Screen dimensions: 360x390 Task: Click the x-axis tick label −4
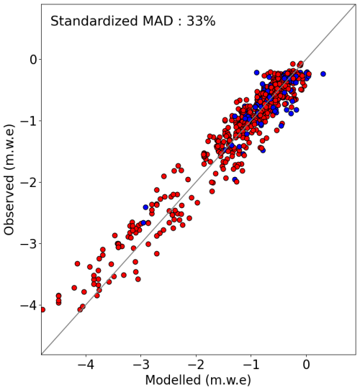pos(86,365)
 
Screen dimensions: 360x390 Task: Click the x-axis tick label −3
pos(141,365)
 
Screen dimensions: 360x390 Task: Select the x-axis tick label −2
pos(196,365)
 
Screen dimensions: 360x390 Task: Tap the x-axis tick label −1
pos(251,365)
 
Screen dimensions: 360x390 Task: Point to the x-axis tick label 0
pos(306,365)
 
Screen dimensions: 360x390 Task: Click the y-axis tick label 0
pos(33,60)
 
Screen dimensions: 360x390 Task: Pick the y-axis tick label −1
pos(28,121)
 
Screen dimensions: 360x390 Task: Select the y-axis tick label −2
pos(28,182)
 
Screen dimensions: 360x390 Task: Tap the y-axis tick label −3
pos(28,244)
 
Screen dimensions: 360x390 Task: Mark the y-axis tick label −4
pos(28,305)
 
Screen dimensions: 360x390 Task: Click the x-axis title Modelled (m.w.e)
pos(198,381)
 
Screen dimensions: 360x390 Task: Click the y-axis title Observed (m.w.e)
pos(9,180)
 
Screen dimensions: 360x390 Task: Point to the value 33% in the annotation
pos(201,21)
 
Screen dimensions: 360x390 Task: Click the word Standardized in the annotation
pos(94,21)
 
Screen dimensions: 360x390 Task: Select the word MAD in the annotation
pos(158,21)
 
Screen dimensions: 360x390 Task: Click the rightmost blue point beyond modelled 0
pos(323,74)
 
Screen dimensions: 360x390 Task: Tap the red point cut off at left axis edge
pos(42,309)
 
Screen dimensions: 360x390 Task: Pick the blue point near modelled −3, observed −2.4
pos(145,207)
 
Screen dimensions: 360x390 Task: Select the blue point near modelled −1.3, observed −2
pos(235,179)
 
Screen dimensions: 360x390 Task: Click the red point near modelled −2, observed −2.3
pos(197,203)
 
